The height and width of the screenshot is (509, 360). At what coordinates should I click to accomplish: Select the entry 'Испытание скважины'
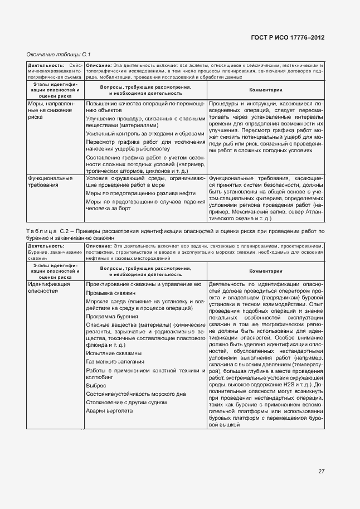click(114, 353)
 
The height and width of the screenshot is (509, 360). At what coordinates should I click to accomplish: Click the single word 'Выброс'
click(96, 385)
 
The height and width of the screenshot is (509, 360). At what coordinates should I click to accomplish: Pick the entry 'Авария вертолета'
click(110, 411)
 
